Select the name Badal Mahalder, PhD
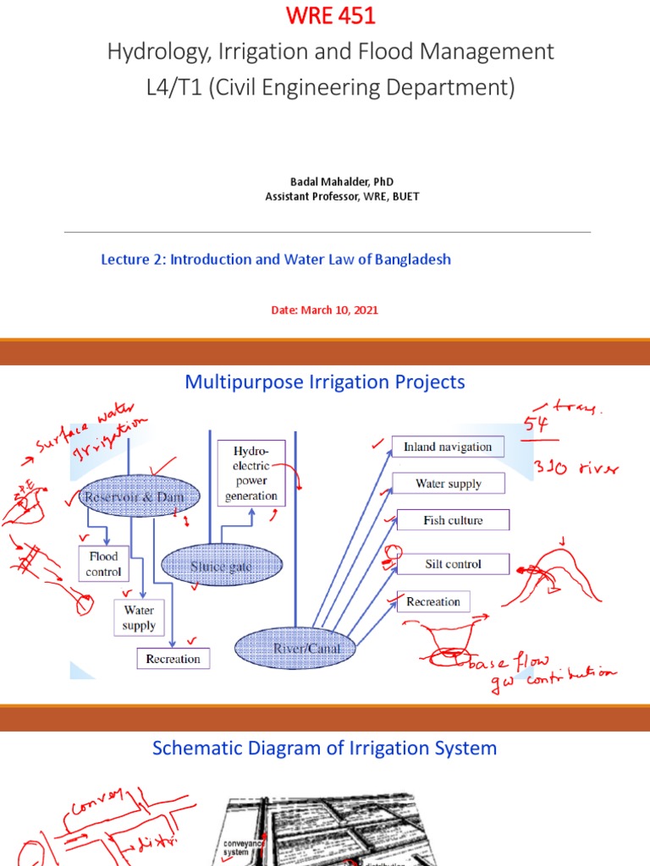click(325, 182)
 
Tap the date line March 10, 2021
click(324, 310)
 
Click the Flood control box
click(103, 564)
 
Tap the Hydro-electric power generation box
click(251, 472)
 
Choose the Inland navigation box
click(448, 447)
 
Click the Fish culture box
click(453, 520)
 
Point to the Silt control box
click(453, 564)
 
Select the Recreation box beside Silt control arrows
click(432, 602)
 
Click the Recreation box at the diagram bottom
click(173, 659)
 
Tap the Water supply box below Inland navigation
click(448, 484)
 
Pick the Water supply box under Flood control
click(139, 617)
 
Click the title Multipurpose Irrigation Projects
click(325, 382)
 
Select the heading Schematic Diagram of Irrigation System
click(324, 748)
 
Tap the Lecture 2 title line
click(276, 260)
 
